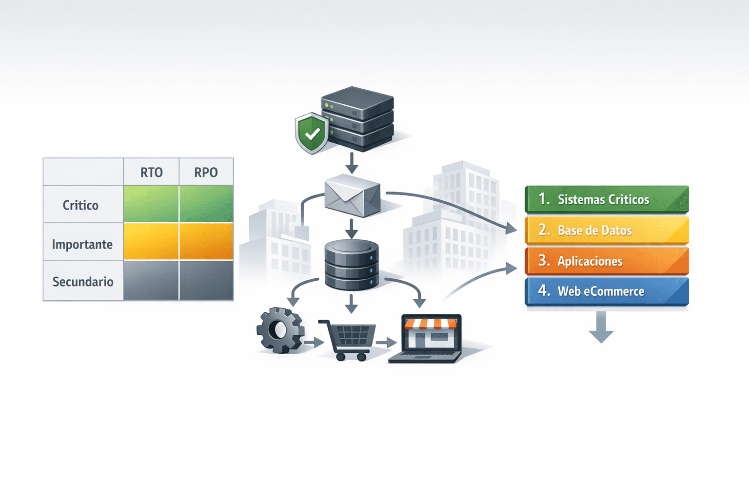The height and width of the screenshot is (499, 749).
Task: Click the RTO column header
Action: click(x=152, y=172)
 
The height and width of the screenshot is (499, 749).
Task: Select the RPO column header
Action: click(x=206, y=172)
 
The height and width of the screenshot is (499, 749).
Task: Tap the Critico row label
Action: click(x=80, y=205)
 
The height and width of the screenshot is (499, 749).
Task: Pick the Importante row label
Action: click(x=82, y=244)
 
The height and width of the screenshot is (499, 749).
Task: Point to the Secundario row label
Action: click(x=83, y=282)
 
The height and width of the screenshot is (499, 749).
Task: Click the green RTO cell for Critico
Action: click(x=151, y=204)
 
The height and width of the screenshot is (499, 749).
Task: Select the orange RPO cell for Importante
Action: click(x=206, y=241)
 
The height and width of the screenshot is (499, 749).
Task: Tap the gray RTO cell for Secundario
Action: click(x=151, y=280)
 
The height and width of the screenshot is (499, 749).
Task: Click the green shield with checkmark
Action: click(x=312, y=134)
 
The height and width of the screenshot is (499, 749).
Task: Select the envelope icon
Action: click(x=353, y=195)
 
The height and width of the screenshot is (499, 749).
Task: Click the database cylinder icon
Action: click(x=352, y=265)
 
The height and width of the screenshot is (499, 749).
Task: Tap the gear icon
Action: click(x=280, y=330)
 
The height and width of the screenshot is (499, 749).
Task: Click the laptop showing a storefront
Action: click(x=426, y=338)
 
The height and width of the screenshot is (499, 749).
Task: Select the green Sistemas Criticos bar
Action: click(x=607, y=199)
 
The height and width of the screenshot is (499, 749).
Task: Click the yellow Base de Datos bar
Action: click(x=607, y=230)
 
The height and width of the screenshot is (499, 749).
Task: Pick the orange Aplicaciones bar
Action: click(x=607, y=261)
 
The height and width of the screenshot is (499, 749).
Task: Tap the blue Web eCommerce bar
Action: click(x=607, y=291)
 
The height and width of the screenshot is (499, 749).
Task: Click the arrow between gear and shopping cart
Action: click(x=314, y=342)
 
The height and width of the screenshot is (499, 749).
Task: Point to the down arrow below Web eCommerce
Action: click(x=601, y=327)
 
